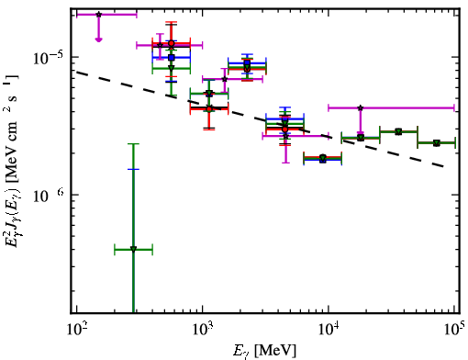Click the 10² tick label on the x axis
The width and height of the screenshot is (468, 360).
[x=77, y=329]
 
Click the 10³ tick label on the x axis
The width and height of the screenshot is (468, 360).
[x=203, y=329]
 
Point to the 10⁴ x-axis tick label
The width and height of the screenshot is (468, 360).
[x=329, y=329]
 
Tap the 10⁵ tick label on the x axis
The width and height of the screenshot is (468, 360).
[x=453, y=329]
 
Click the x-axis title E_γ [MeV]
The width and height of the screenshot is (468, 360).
[x=264, y=351]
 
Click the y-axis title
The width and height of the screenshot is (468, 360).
[x=12, y=161]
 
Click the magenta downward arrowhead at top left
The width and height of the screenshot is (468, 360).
[x=98, y=39]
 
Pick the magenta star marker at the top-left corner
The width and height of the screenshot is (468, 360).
[x=98, y=15]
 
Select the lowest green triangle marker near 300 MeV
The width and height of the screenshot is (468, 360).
[x=133, y=249]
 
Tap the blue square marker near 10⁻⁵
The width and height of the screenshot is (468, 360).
[x=172, y=57]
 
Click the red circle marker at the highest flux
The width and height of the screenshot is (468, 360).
[x=172, y=43]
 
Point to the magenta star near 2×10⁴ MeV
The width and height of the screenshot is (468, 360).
[x=361, y=107]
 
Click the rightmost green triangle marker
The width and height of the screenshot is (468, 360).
[x=437, y=143]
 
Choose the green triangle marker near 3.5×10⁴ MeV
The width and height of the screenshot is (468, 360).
[x=398, y=132]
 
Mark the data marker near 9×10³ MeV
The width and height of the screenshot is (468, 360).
[x=323, y=159]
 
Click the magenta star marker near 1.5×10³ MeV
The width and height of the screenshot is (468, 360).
[x=225, y=79]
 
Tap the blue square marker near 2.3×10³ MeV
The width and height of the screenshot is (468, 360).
[x=247, y=63]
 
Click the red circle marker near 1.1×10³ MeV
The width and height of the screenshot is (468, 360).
[x=209, y=109]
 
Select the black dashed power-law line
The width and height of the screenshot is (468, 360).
[x=260, y=119]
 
